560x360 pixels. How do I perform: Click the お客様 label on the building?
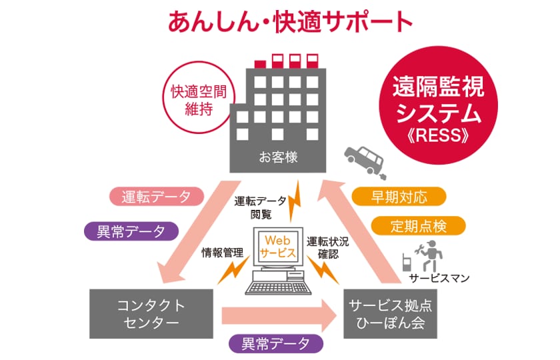tap(279, 159)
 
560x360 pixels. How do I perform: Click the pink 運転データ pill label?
tap(151, 197)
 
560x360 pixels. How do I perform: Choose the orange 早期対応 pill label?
tap(398, 197)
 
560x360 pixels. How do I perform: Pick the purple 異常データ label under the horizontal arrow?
tap(275, 344)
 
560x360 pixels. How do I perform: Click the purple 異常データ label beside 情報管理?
tap(131, 231)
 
